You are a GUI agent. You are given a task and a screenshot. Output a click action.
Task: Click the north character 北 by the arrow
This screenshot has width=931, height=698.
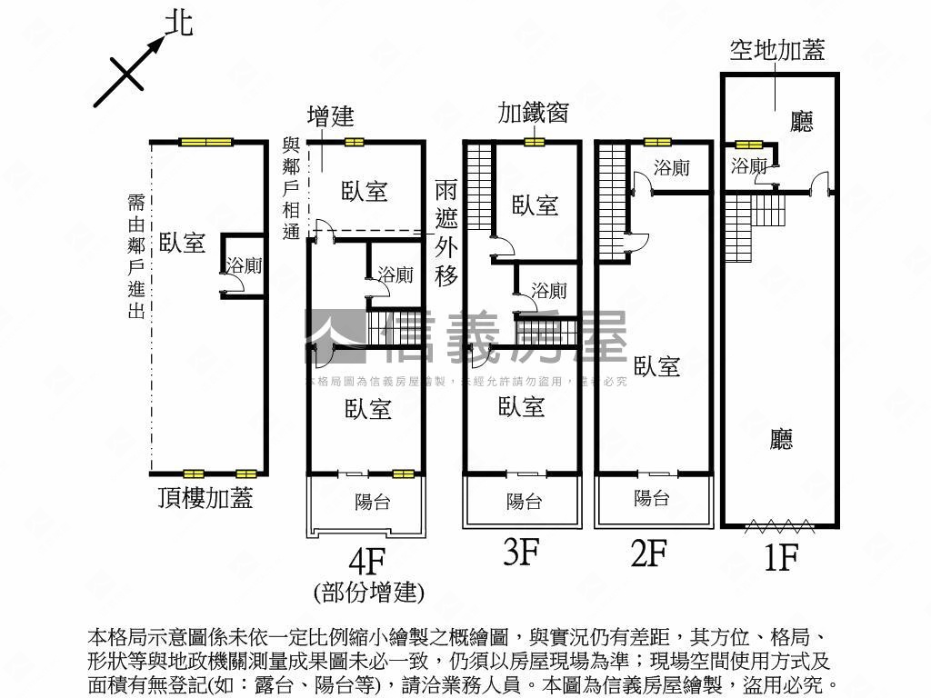(178, 23)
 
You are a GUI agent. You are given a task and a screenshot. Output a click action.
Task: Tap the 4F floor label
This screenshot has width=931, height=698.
(368, 556)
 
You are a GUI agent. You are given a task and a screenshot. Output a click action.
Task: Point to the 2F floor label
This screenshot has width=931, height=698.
(650, 553)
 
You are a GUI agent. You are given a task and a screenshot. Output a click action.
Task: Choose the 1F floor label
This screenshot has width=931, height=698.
(780, 556)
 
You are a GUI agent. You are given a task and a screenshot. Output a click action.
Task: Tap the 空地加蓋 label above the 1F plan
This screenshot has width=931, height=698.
(777, 50)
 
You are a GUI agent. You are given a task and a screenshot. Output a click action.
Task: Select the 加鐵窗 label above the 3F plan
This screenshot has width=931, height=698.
(534, 113)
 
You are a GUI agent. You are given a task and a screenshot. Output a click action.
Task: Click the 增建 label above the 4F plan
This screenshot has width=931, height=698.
(330, 116)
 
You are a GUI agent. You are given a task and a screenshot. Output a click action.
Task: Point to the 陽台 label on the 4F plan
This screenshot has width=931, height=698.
(372, 502)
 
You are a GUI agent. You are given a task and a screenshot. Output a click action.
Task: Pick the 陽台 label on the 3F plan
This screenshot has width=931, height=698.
(524, 501)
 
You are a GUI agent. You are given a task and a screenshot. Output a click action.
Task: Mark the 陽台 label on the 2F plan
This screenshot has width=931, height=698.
(652, 498)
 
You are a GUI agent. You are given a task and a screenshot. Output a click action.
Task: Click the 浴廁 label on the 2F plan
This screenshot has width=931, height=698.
(672, 168)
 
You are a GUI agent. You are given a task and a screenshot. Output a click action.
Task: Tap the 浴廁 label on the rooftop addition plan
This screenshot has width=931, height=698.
(244, 265)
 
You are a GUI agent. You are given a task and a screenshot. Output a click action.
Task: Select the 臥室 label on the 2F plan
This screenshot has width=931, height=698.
(657, 366)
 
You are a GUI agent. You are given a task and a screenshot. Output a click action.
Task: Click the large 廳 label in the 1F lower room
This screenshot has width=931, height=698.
(781, 440)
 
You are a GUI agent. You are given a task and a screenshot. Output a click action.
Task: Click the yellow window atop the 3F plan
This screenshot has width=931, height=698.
(534, 142)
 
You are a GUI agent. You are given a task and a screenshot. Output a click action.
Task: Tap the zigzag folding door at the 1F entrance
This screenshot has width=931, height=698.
(779, 524)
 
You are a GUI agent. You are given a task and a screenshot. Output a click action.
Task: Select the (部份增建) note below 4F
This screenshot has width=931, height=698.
(368, 593)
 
